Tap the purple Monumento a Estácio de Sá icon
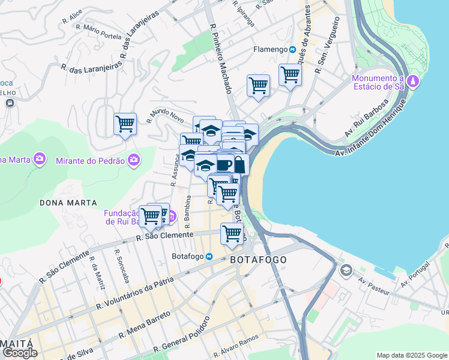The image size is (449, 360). (x=412, y=81)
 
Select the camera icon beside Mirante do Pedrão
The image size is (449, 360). (x=134, y=160)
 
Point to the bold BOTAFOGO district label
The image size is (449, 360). (x=258, y=259)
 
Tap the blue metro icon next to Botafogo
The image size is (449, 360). (x=209, y=257)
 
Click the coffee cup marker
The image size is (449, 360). (x=224, y=164)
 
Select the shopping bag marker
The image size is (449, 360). (x=239, y=164)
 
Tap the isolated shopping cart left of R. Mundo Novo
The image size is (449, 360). (x=125, y=124)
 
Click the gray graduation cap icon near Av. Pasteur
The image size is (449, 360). (x=346, y=271)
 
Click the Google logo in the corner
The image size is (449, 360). (x=19, y=353)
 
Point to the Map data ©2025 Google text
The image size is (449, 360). (x=411, y=355)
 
